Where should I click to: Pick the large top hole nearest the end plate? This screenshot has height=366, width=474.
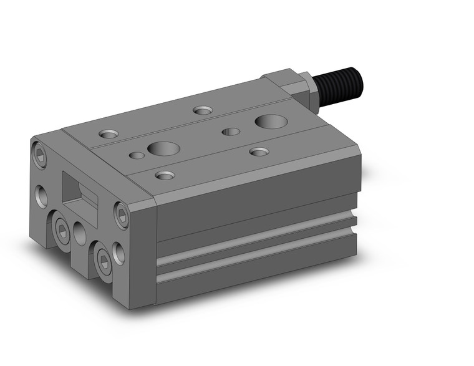point(163,148)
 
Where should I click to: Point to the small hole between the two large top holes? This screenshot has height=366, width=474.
point(231,131)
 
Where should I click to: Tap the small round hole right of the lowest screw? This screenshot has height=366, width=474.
point(119,254)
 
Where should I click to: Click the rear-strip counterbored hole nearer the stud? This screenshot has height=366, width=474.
point(203,110)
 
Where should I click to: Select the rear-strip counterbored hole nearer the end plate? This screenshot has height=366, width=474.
point(108,134)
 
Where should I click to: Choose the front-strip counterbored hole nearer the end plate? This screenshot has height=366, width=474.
point(165,175)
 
